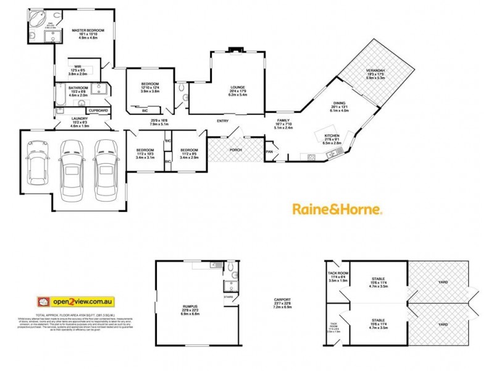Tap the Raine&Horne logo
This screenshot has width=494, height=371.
(337, 210)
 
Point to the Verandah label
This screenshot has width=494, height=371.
(375, 70)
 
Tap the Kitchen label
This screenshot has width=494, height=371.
(332, 135)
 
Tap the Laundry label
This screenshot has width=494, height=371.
(80, 118)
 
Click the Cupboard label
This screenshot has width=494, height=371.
(98, 110)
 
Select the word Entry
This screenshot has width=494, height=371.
(222, 121)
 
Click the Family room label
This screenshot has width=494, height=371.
(283, 120)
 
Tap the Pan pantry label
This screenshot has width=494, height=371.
(269, 151)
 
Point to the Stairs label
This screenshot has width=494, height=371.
(228, 296)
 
